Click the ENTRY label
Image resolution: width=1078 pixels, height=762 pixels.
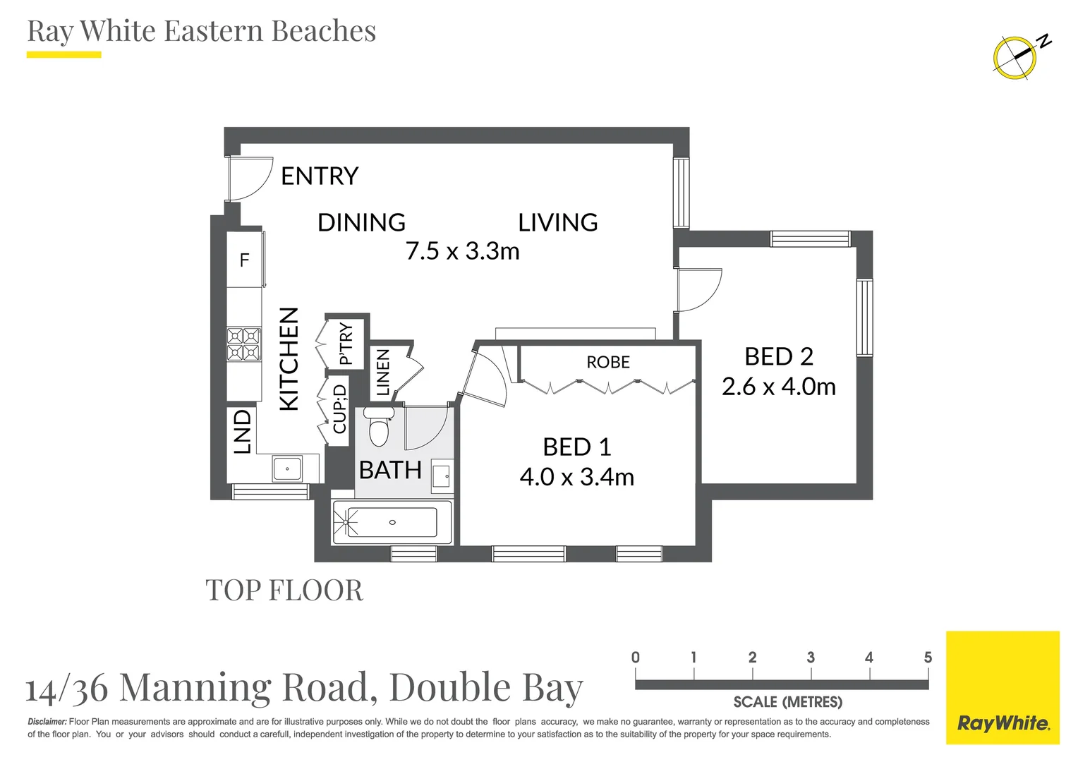pos(320,176)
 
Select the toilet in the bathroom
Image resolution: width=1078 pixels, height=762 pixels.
pos(379,426)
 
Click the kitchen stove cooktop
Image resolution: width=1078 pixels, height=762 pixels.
pos(244,344)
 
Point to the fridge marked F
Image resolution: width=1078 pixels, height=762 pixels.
pos(245,260)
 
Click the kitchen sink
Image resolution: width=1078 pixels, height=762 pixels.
pos(287,468)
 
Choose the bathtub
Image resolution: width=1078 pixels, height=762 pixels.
pos(392,522)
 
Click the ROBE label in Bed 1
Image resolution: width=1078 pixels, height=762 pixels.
pos(608,362)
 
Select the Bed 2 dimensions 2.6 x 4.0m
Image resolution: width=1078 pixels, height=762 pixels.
pos(779,387)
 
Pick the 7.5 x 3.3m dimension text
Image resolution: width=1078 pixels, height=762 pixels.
pos(463,251)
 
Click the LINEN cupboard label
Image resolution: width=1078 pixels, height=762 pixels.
pos(382,373)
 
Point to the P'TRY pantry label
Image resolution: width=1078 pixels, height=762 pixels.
pos(346,343)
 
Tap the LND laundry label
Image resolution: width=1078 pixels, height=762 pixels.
pos(242,432)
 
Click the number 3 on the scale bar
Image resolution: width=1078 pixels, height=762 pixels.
pos(811,657)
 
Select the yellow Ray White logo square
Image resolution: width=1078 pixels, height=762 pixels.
pos(1003,688)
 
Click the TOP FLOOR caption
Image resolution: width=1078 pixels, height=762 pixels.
pos(284,590)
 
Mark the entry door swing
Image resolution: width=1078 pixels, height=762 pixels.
pos(250,178)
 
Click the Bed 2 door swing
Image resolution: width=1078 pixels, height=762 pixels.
pos(698,290)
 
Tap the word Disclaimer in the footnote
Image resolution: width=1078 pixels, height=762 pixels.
pos(47,722)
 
